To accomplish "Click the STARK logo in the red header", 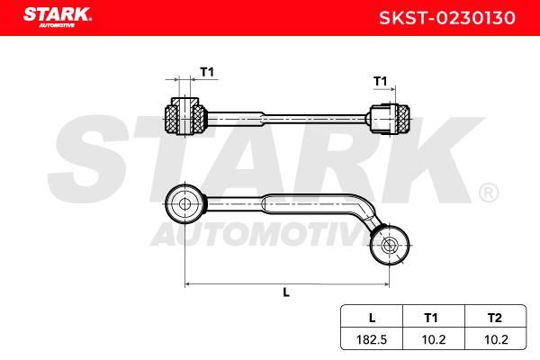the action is click(x=58, y=17).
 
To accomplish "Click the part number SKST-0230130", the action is click(x=447, y=18).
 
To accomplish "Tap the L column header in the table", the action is click(x=372, y=318).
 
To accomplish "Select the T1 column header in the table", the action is click(x=431, y=318).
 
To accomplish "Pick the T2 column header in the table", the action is click(x=494, y=318).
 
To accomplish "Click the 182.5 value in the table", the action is click(x=372, y=340).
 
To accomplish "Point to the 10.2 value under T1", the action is click(x=433, y=340).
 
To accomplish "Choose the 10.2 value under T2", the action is click(x=496, y=340).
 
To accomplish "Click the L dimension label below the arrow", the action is click(x=286, y=292).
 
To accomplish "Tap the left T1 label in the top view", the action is click(x=207, y=72).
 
